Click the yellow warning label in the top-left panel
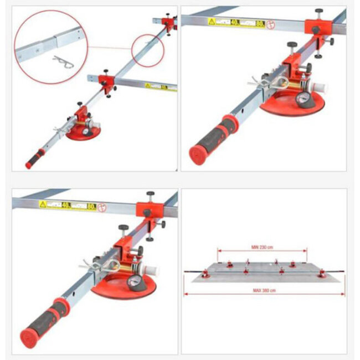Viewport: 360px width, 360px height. coord(156,85)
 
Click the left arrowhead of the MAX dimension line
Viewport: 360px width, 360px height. coord(186,295)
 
